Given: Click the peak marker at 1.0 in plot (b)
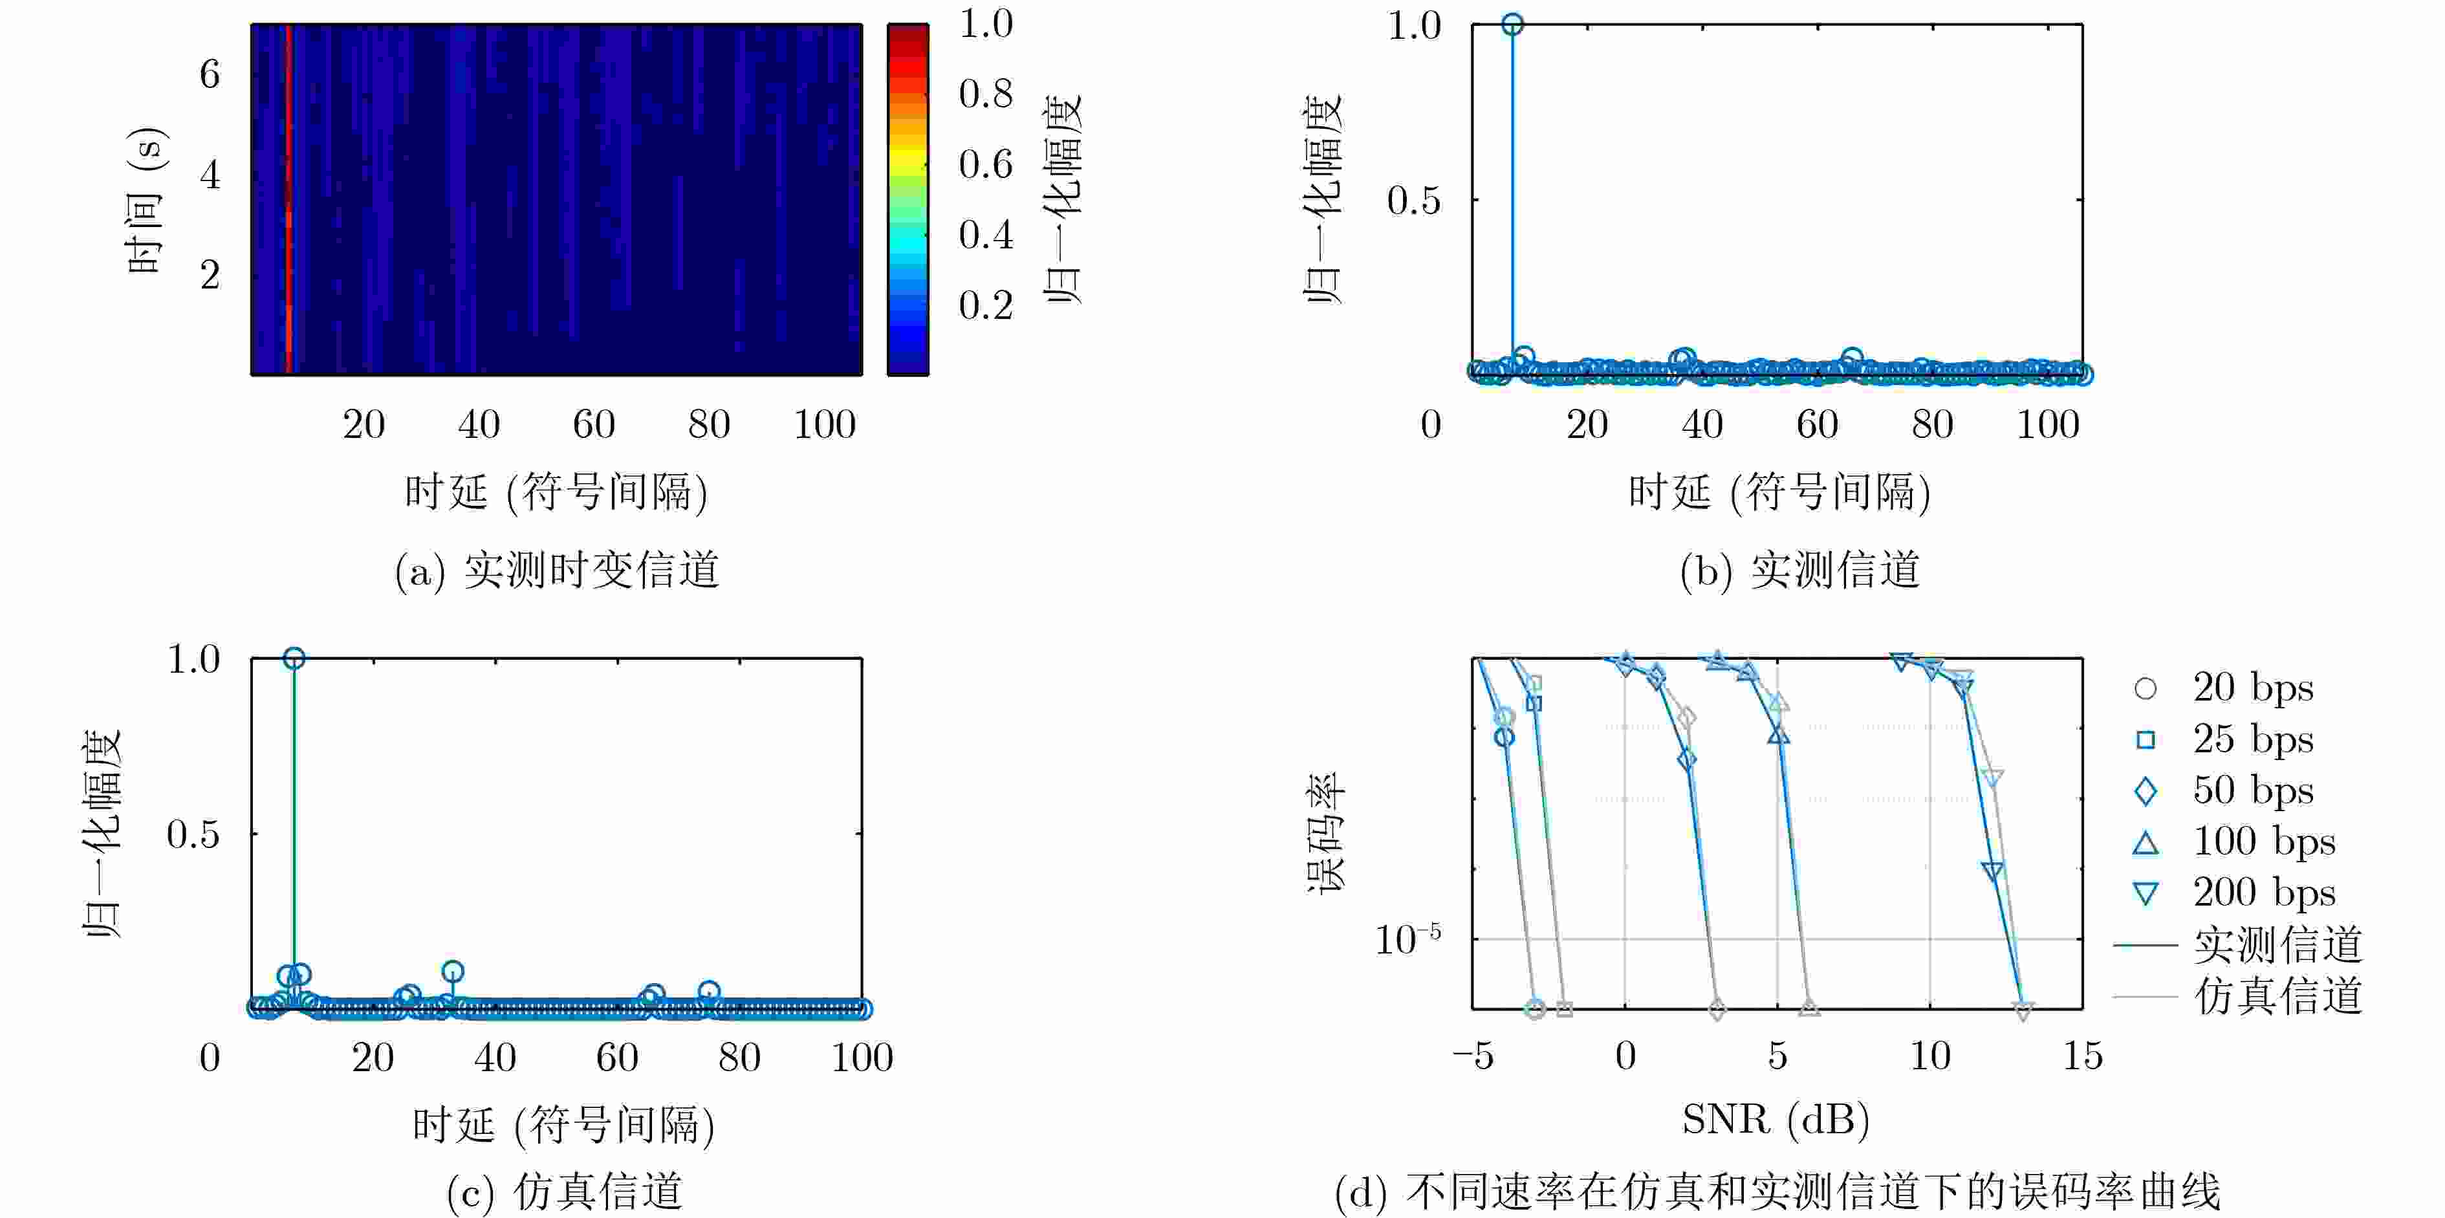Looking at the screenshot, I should click(1512, 25).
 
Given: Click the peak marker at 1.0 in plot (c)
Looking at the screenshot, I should click(294, 658).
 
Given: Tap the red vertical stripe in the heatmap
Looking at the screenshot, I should click(288, 199).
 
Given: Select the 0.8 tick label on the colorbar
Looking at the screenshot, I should click(985, 94).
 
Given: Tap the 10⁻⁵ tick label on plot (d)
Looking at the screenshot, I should click(1407, 940).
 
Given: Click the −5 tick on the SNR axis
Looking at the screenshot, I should click(1472, 1056).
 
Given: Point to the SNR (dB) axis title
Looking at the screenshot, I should click(1776, 1120).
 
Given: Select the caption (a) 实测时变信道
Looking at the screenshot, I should click(557, 571).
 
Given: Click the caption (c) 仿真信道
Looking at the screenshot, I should click(564, 1192).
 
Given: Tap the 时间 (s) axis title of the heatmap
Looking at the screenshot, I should click(146, 199).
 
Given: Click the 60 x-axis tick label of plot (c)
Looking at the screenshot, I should click(617, 1058).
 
